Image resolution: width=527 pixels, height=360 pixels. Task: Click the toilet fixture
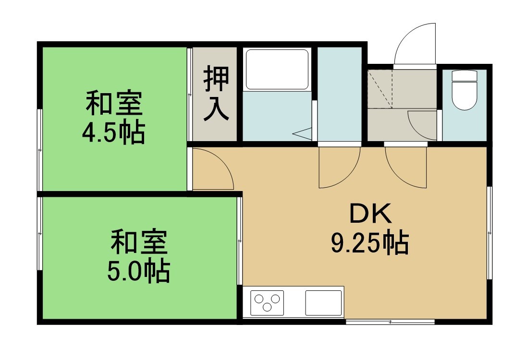coord(465,90)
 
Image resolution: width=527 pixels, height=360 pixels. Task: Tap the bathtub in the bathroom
coord(277,69)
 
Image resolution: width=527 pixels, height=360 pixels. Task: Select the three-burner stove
coord(267,302)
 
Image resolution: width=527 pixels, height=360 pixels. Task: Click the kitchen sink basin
coord(323,302)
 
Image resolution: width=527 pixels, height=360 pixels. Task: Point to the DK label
coord(371,214)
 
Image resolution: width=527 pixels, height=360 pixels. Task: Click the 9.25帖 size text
coord(370,243)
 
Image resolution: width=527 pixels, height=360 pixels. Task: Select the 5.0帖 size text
coord(138,271)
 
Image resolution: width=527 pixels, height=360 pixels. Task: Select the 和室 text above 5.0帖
coord(139,241)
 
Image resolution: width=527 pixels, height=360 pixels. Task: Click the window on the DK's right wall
coord(490,233)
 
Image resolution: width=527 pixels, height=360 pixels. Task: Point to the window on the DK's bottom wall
coord(390,322)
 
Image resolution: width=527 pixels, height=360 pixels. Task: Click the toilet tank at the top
coord(465,75)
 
